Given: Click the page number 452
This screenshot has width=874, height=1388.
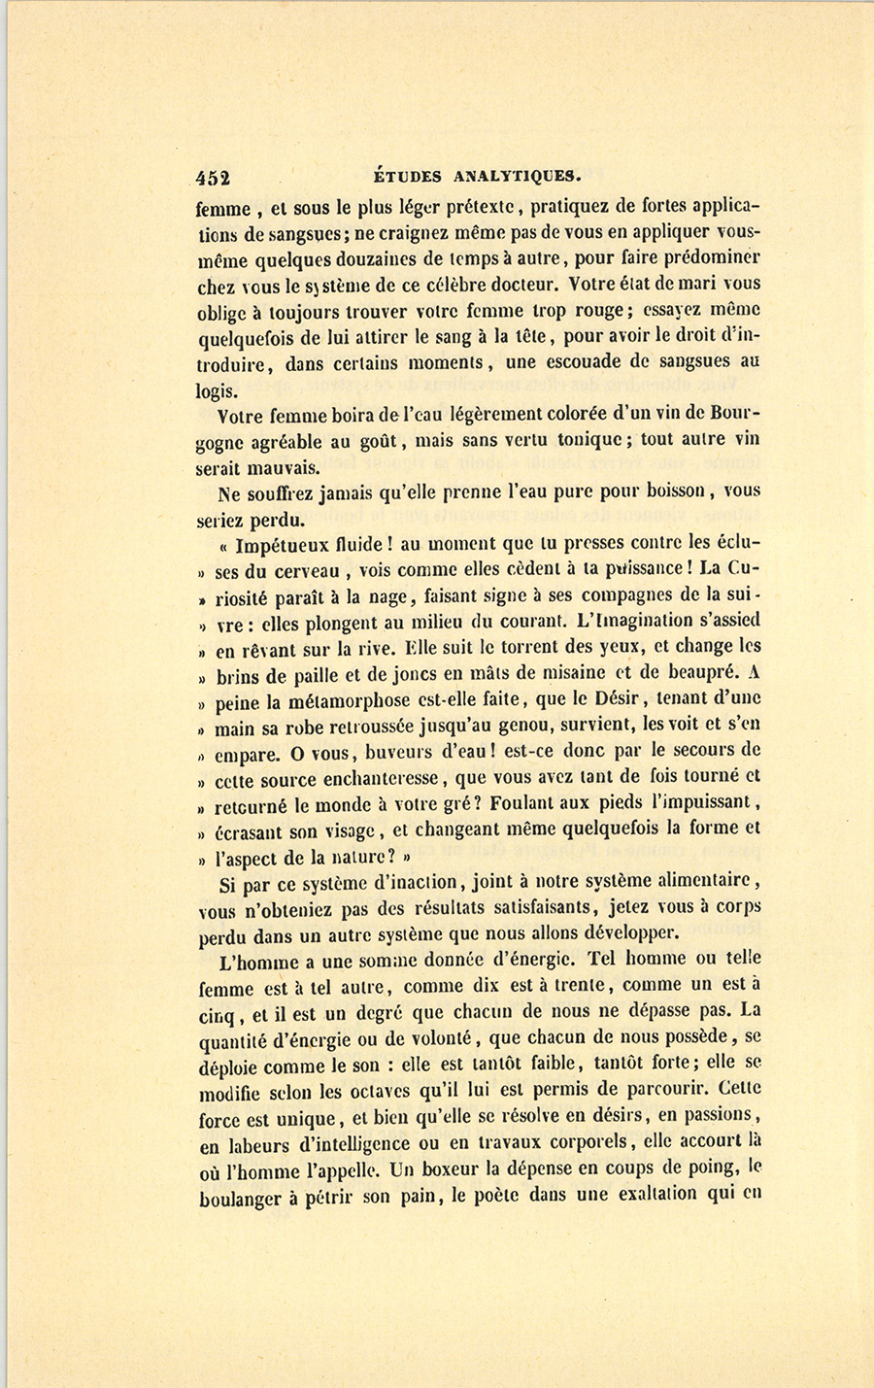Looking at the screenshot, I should pos(213,177).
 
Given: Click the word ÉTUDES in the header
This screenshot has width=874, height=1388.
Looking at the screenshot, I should pos(408,177).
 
